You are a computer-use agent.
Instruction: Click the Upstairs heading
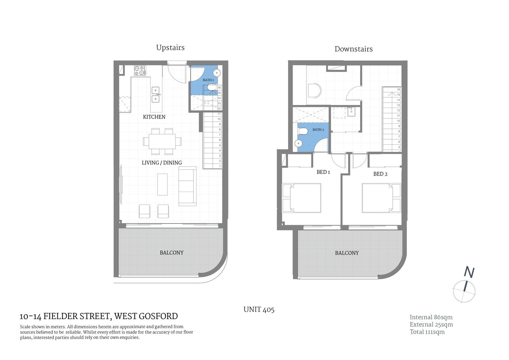click(170, 48)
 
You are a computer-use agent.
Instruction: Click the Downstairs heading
click(353, 49)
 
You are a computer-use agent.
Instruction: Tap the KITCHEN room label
click(154, 117)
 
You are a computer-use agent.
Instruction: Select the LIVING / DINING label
click(162, 163)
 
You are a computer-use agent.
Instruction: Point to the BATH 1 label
click(208, 80)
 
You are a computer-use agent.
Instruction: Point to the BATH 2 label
click(318, 130)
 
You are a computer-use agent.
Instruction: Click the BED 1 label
click(323, 172)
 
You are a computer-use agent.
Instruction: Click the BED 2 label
click(380, 174)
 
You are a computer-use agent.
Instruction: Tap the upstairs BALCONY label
click(171, 253)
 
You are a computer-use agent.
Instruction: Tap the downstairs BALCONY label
click(347, 253)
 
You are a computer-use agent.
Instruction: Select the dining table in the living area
click(162, 141)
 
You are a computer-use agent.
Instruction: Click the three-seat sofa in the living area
click(187, 186)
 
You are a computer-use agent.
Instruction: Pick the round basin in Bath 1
click(216, 73)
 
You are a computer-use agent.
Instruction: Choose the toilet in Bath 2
click(303, 131)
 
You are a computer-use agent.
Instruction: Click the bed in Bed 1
click(302, 198)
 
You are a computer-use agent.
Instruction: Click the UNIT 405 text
click(259, 310)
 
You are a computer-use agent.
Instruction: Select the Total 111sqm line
click(427, 332)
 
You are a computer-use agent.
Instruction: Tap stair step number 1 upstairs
click(219, 166)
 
